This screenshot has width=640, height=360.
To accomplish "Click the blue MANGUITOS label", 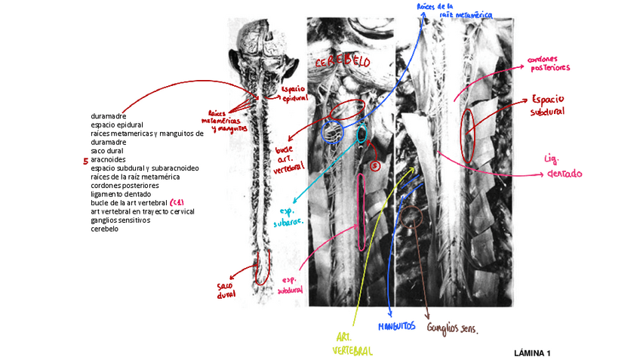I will [x=397, y=327].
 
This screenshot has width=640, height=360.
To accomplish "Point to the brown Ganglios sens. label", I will [x=453, y=328].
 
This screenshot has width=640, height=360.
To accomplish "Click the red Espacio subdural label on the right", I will [x=547, y=106].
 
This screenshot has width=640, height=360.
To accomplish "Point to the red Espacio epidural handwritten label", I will [x=294, y=94].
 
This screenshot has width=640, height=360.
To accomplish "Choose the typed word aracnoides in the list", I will [x=109, y=160].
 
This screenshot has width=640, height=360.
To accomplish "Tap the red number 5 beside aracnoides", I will [x=85, y=161].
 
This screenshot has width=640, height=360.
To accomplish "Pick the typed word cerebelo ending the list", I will [x=104, y=229].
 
